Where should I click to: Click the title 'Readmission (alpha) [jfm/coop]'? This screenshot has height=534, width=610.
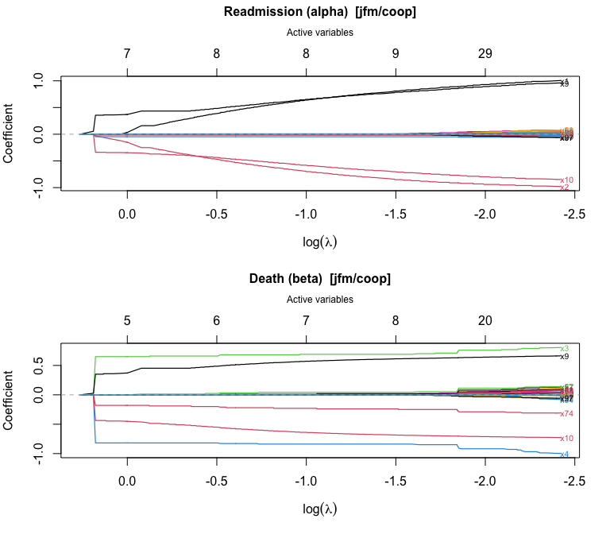(x=320, y=12)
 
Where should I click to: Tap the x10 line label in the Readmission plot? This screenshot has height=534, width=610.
(x=566, y=180)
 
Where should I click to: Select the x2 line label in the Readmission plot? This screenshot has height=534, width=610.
(x=564, y=188)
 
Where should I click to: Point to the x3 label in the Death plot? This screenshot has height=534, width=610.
(x=564, y=348)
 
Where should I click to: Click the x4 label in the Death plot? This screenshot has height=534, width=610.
(x=564, y=455)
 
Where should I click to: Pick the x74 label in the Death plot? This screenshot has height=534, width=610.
(x=566, y=413)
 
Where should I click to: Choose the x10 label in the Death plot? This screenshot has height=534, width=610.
(x=566, y=438)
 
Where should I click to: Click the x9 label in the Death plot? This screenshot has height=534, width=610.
(x=564, y=357)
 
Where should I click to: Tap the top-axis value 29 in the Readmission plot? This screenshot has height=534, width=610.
(x=485, y=53)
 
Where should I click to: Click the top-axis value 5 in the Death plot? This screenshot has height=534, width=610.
(x=127, y=320)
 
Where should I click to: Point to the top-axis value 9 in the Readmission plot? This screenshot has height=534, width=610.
(x=396, y=53)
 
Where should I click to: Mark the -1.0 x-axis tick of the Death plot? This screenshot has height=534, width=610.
(x=306, y=482)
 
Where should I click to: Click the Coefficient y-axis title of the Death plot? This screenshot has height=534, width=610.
(x=10, y=397)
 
